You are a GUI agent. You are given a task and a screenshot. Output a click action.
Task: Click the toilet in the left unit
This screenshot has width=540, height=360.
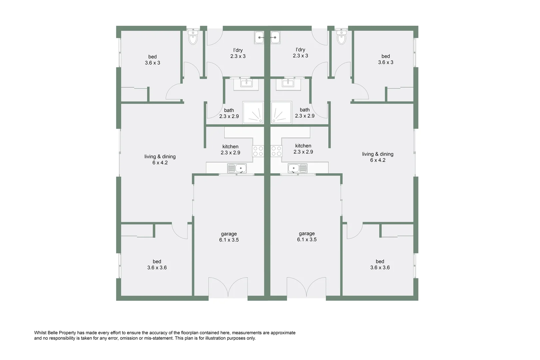(193, 38)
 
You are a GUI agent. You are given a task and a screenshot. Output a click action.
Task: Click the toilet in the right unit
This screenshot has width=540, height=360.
(341, 38)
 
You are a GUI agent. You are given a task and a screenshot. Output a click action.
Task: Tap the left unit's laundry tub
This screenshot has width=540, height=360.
(259, 38)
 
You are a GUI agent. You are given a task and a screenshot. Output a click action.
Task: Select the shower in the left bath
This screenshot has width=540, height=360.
(253, 113)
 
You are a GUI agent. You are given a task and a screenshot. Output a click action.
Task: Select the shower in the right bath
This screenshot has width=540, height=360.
(281, 113)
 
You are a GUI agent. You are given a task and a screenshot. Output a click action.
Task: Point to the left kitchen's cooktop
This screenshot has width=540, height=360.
(258, 151)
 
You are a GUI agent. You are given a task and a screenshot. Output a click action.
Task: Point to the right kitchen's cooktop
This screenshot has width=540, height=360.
(276, 151)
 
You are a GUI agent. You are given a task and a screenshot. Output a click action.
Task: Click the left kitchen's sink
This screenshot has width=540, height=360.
(237, 168)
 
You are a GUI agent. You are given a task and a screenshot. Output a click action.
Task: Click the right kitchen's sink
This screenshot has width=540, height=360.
(297, 168)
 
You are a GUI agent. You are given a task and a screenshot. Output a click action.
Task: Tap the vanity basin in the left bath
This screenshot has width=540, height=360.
(247, 83)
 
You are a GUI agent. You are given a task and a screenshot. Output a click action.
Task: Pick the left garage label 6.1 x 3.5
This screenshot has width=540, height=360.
(229, 240)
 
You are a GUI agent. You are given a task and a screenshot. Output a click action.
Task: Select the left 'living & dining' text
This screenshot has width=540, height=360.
(160, 157)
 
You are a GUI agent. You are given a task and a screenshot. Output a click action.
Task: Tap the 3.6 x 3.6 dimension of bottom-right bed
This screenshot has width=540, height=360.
(380, 267)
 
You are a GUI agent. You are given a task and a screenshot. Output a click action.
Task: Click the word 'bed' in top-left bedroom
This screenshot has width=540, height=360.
(153, 57)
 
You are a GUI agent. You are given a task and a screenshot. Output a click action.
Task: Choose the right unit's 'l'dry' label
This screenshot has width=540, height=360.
(300, 50)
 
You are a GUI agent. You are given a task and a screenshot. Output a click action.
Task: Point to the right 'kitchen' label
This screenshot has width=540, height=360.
(303, 146)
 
